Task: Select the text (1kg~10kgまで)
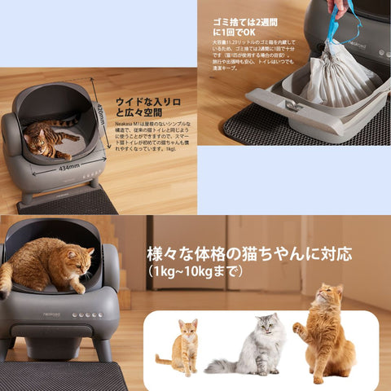[x=195, y=271]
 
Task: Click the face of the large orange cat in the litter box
[x=77, y=264]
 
